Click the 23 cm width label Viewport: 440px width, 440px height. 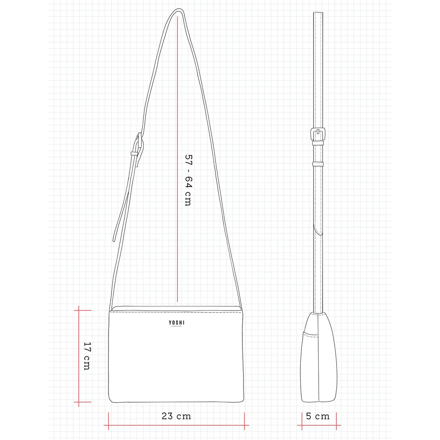coord(176,416)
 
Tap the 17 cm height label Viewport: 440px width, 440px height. coord(88,356)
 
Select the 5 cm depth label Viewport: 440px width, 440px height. coord(318,416)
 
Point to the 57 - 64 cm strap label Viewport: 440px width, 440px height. coord(188,180)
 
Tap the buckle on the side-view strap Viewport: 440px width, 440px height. coord(318,134)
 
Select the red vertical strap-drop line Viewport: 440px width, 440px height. coord(177,159)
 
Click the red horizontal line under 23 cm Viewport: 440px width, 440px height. coord(176,425)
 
